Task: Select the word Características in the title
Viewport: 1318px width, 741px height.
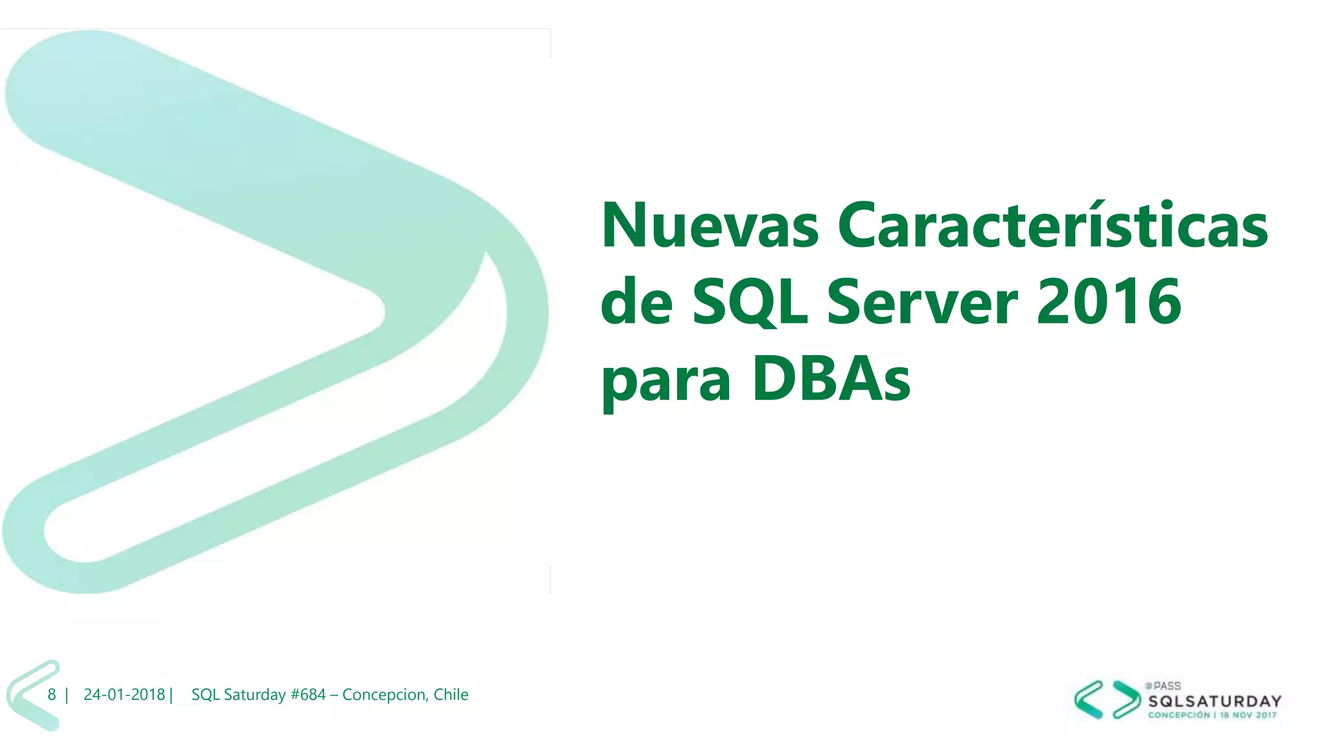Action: click(1053, 226)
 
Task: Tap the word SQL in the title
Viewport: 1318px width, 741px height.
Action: click(750, 302)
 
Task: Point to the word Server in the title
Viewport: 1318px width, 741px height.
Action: click(922, 302)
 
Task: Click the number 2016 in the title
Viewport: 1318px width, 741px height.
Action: click(1109, 302)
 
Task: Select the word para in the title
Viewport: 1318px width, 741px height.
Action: click(665, 382)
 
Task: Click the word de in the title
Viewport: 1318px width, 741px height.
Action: click(636, 302)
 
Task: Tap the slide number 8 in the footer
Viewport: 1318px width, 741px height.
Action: click(51, 695)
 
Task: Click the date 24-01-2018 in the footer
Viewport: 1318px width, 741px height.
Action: click(124, 695)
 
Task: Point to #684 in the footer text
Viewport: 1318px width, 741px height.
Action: click(308, 695)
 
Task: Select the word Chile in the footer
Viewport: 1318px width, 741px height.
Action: click(450, 695)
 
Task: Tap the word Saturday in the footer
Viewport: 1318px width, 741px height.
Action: click(255, 695)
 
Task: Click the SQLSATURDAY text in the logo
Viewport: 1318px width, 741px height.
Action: click(1215, 701)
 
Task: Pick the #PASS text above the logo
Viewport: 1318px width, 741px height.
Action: click(1163, 686)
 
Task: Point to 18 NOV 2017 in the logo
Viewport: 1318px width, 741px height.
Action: click(1248, 715)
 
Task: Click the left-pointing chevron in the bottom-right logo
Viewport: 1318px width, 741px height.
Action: click(1089, 699)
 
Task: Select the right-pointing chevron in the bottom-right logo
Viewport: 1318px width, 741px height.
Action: click(1126, 699)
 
